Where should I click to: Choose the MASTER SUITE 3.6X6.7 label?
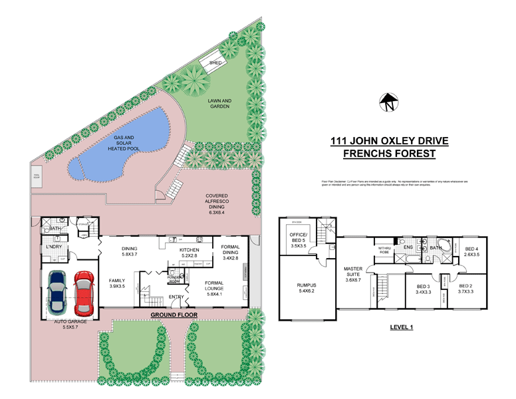(352, 274)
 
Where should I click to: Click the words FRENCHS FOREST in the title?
(389, 154)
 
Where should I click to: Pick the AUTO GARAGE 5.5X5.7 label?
(70, 323)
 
